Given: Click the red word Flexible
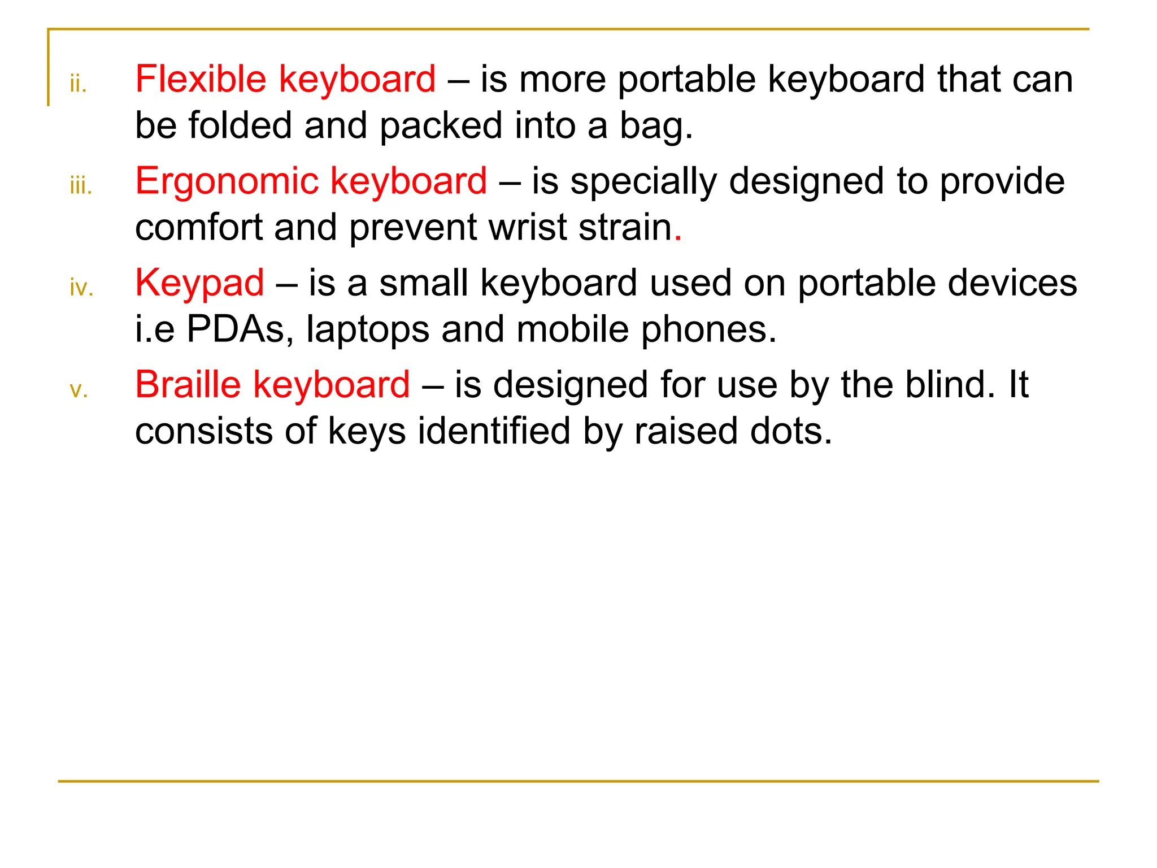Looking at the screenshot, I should [201, 79].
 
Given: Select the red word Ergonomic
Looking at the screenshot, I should [227, 182].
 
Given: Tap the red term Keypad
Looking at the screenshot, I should [199, 284].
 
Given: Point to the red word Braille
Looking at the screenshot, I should [188, 385].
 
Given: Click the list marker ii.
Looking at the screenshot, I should [78, 84].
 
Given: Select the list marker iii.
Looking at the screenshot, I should [81, 186].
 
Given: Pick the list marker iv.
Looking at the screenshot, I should [81, 288].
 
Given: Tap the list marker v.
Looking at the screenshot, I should [79, 390].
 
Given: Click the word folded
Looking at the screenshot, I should [240, 125].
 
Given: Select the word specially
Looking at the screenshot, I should [643, 182].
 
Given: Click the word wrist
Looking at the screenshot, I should [527, 227].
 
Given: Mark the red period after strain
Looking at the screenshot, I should [678, 238].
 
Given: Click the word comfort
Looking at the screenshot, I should [199, 227].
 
